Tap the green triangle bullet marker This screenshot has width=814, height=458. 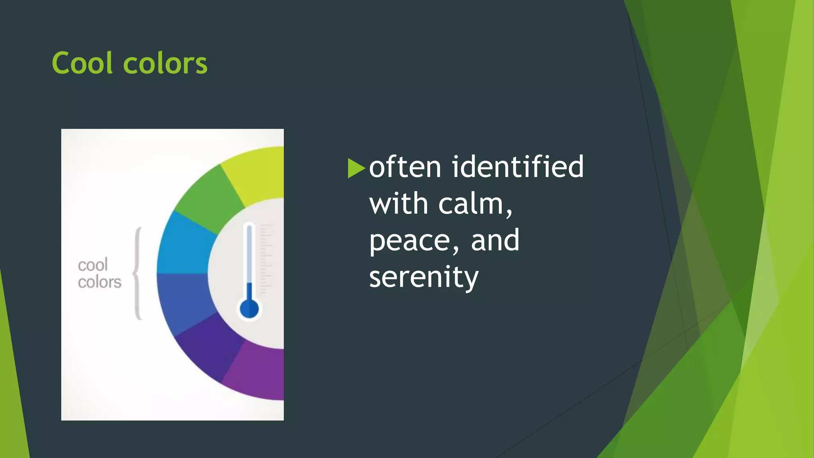[x=356, y=168]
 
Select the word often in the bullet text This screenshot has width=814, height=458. [x=405, y=167]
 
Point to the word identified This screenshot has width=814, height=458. [x=517, y=167]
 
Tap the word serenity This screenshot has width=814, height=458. [x=424, y=278]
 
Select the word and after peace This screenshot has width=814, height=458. [x=495, y=240]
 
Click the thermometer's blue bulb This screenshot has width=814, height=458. [x=249, y=309]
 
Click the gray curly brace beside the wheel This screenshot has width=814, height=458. [x=138, y=273]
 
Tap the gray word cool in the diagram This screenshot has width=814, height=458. [x=93, y=265]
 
